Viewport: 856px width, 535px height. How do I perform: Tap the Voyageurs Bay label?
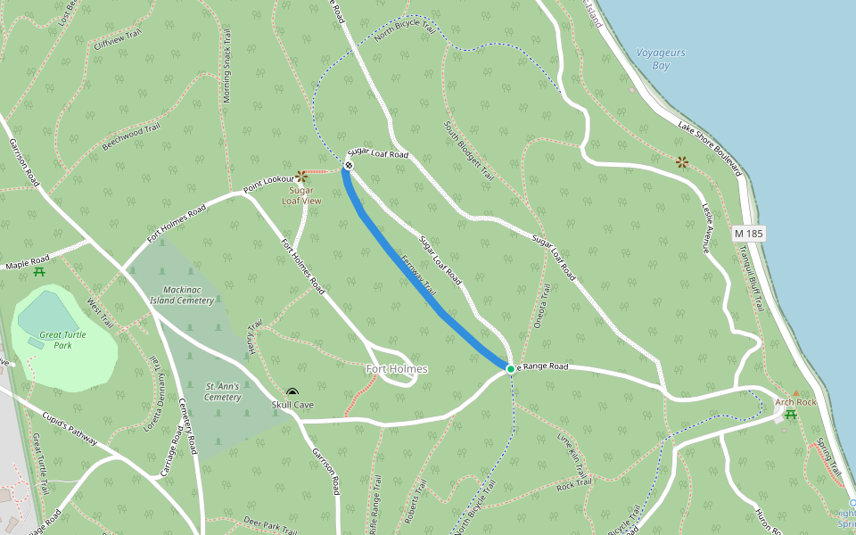661,59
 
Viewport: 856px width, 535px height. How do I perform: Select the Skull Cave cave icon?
292,392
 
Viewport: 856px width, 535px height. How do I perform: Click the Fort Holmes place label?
398,369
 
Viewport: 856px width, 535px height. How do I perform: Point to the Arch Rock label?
795,402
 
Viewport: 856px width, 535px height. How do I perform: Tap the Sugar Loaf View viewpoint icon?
301,177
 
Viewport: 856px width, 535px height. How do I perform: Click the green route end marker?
510,368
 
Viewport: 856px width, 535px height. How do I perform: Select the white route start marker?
349,165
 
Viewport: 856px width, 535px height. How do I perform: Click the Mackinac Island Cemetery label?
188,295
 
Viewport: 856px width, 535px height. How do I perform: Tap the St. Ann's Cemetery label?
223,391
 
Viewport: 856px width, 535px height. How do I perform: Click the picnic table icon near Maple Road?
39,271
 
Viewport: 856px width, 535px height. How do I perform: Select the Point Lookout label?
269,185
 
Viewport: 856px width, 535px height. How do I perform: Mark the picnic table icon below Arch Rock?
791,414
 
